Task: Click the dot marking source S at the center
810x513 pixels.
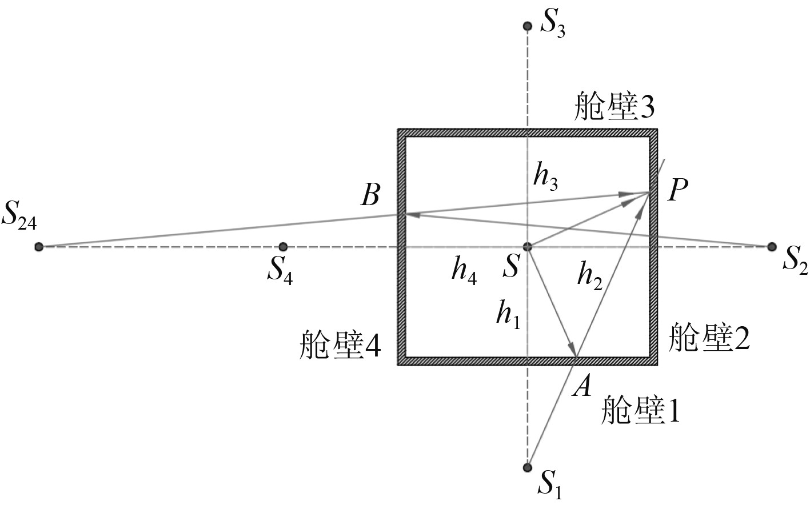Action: coord(528,247)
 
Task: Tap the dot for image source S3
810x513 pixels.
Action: coord(528,26)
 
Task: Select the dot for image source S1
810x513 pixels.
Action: coord(528,467)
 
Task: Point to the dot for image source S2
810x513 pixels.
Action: coord(772,247)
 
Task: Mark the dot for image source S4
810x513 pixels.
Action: coord(283,247)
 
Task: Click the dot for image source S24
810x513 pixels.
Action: coord(39,247)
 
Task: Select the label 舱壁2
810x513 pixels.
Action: coord(708,338)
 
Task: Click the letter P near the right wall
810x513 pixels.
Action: coord(677,191)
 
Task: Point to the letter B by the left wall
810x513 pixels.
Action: coord(370,196)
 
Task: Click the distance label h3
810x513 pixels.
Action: coord(545,178)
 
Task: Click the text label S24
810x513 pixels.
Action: coord(19,215)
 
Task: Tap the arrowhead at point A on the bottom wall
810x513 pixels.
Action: coord(571,349)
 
